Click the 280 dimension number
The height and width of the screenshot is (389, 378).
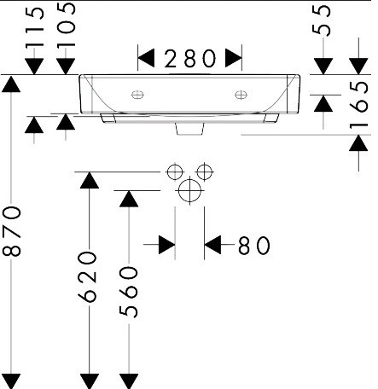[190, 59]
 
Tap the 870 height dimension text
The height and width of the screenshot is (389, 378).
[12, 231]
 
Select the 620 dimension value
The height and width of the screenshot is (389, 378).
[87, 276]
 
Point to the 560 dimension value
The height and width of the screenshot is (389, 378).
[128, 292]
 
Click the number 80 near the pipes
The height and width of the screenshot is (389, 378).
[253, 246]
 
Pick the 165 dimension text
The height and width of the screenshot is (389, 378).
[359, 105]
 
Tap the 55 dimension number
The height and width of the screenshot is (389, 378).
[322, 20]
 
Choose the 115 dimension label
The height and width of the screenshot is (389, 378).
[35, 27]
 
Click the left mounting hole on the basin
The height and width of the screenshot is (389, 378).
[137, 95]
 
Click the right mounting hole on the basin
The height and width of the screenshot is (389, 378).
[241, 95]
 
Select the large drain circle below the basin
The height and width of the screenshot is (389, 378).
[189, 190]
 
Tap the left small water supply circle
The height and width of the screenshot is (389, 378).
[175, 171]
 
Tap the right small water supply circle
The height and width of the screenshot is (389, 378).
[205, 171]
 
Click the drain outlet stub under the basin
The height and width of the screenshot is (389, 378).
[189, 129]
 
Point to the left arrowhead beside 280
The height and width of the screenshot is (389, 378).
[146, 58]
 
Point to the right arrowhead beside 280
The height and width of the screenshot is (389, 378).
[234, 58]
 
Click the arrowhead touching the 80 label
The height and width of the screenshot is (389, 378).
[212, 245]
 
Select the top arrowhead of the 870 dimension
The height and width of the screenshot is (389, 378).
[11, 84]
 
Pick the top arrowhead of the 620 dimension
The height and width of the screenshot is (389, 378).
[90, 180]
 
